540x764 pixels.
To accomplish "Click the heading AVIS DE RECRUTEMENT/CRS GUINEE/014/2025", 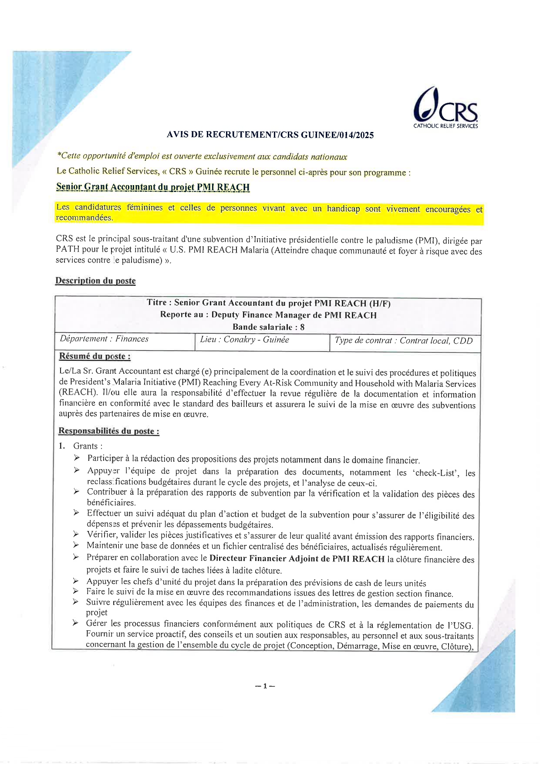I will coord(270,135).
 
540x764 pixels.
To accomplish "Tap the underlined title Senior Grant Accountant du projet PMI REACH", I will coord(153,187).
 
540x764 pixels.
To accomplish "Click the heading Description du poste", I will coord(95,281).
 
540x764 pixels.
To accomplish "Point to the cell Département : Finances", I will coord(105,339).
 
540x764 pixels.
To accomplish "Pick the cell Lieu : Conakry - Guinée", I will coord(244,340).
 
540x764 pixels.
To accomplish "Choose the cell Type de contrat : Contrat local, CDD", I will coord(403,341).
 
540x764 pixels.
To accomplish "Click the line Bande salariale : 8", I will coord(268,327).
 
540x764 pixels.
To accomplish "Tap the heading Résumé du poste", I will coord(94,356).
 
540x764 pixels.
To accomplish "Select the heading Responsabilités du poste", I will coord(109,431).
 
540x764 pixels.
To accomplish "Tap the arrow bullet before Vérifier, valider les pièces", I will coord(76,534).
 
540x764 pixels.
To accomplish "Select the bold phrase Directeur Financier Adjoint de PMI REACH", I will coord(297,559).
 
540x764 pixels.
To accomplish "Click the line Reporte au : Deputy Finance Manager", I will coord(268,315).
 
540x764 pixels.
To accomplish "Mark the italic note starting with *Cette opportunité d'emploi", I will coord(202,156).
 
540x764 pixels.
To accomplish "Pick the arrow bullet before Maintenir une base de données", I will coord(76,545).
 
